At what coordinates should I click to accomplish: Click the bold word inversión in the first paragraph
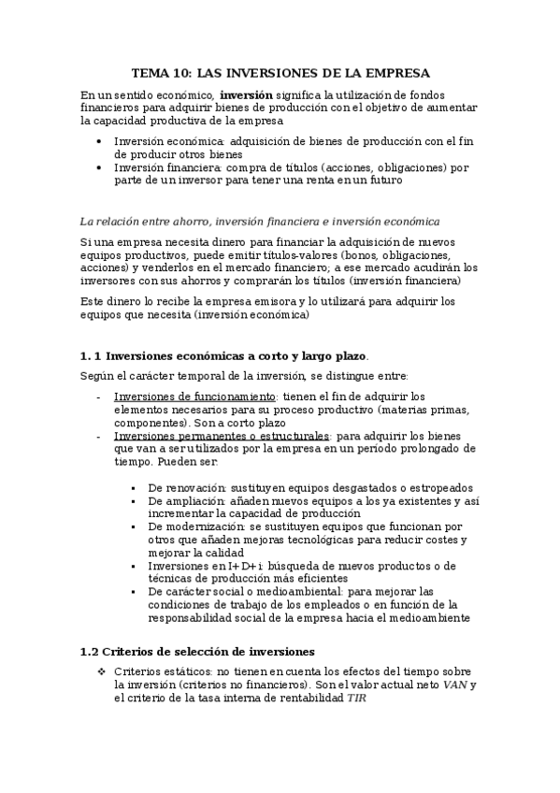pyautogui.click(x=246, y=94)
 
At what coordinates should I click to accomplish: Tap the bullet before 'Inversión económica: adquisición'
pyautogui.click(x=101, y=141)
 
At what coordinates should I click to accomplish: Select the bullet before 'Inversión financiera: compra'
pyautogui.click(x=101, y=168)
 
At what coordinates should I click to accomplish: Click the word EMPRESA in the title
pyautogui.click(x=395, y=72)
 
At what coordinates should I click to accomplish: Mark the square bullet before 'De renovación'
pyautogui.click(x=135, y=488)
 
